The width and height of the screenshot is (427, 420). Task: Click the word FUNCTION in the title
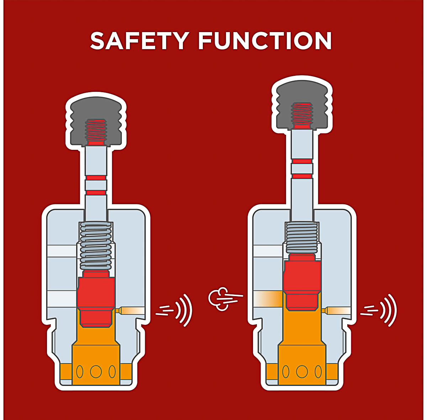pos(265,41)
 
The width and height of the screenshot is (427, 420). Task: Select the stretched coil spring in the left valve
pos(96,246)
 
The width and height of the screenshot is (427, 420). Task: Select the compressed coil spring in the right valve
pos(301,238)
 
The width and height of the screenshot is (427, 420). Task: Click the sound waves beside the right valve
pos(379,310)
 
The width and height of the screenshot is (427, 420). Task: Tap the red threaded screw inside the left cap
pos(96,132)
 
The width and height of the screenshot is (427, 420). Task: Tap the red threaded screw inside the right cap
pos(302,115)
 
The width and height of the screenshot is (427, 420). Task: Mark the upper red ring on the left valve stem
pos(96,178)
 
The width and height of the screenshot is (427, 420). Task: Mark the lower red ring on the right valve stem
pos(302,176)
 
